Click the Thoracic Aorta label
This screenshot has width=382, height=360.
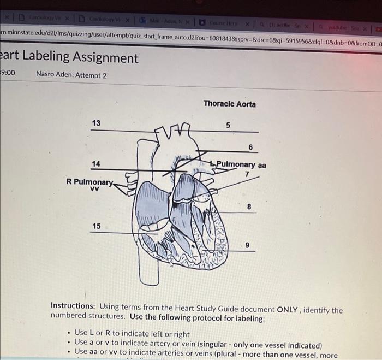coord(229,104)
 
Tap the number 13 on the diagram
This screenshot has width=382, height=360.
coord(96,123)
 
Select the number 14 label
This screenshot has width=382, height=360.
coord(96,163)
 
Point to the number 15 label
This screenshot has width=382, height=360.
coord(96,226)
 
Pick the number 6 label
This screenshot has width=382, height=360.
coord(250,147)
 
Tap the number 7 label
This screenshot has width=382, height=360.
coord(247,174)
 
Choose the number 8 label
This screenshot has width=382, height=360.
coord(249,207)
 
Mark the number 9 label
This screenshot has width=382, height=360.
coord(248,246)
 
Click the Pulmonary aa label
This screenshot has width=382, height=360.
coord(241,164)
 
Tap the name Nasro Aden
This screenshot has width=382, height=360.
coord(56,74)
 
